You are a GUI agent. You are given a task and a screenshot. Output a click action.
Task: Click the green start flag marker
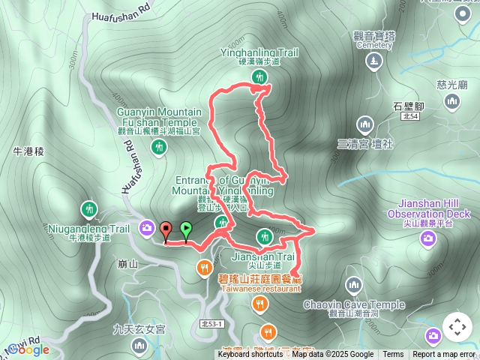pyautogui.click(x=186, y=230)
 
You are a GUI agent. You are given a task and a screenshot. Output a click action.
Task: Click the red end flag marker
pyautogui.click(x=166, y=229)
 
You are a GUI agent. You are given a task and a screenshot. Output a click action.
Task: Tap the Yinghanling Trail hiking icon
pyautogui.click(x=261, y=77)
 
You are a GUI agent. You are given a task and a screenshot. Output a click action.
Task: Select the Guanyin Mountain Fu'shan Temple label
pyautogui.click(x=159, y=117)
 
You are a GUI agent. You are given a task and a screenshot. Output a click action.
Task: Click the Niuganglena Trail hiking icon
pyautogui.click(x=89, y=208)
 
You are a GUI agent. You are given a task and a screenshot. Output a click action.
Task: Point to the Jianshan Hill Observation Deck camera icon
pyautogui.click(x=428, y=238)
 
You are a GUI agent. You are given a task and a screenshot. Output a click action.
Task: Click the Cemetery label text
pyautogui.click(x=373, y=45)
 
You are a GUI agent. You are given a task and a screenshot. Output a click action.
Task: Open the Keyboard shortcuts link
pyautogui.click(x=250, y=355)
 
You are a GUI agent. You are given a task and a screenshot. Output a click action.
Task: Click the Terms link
pyautogui.click(x=393, y=355)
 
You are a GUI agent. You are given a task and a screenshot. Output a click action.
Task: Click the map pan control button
pyautogui.click(x=457, y=327)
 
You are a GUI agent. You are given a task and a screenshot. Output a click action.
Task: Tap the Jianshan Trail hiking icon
pyautogui.click(x=264, y=237)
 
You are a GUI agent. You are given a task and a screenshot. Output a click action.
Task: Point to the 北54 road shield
pyautogui.click(x=409, y=116)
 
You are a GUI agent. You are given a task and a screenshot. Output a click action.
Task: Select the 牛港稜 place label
pyautogui.click(x=29, y=151)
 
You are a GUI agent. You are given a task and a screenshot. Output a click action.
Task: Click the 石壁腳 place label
pyautogui.click(x=409, y=106)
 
